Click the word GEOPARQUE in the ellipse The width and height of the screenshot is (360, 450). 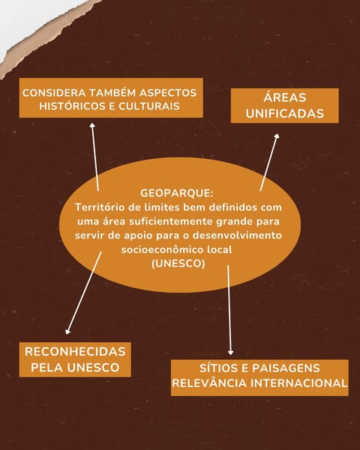175,193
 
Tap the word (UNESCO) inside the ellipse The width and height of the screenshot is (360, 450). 178,263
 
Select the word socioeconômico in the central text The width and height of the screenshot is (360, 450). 161,250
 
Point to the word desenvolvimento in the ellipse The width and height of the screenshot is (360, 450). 237,235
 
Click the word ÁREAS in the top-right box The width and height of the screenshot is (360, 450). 285,97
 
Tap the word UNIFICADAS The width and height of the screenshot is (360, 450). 285,114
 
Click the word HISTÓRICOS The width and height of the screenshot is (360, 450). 73,106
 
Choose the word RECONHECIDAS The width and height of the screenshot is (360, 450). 75,352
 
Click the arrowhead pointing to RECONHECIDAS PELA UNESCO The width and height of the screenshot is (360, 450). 67,331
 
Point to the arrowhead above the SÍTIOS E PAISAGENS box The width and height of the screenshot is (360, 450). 230,352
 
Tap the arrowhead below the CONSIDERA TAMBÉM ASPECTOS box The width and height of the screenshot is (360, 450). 92,126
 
